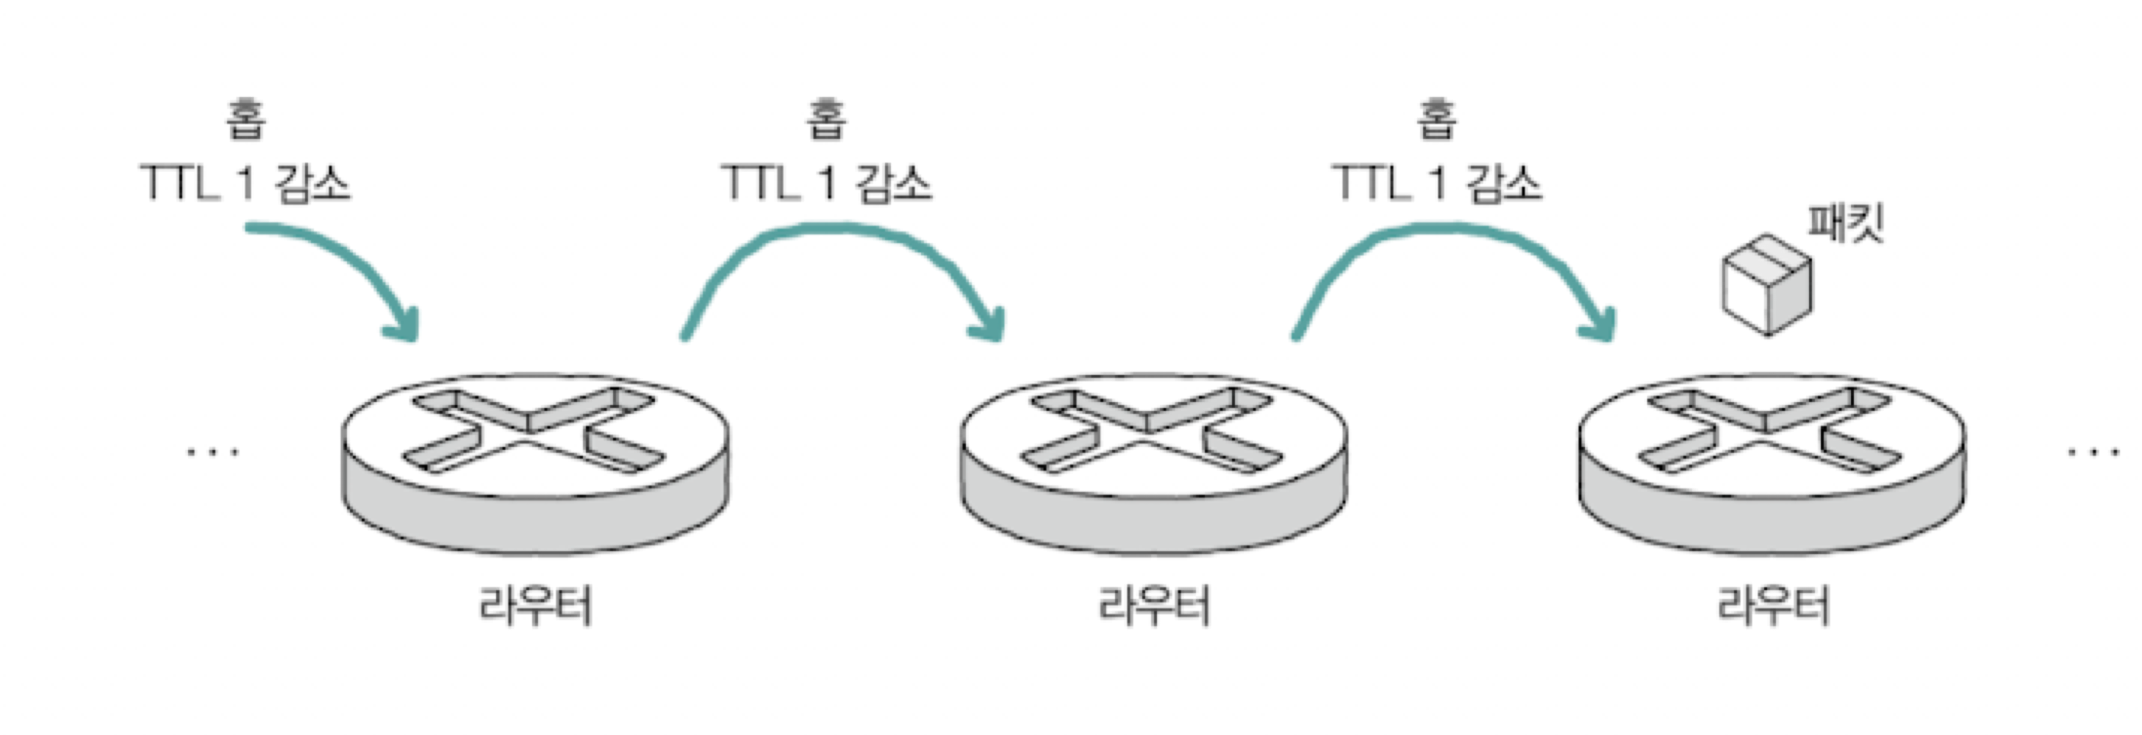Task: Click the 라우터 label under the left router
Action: (x=535, y=606)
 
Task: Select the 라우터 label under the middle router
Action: (x=1154, y=606)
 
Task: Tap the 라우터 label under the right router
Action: (x=1774, y=606)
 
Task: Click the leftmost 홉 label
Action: (x=246, y=119)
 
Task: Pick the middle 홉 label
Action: (x=826, y=119)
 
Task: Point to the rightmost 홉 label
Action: (x=1436, y=119)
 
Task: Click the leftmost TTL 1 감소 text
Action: (x=246, y=183)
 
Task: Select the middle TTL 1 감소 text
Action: (x=826, y=183)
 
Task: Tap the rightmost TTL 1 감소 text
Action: (x=1437, y=183)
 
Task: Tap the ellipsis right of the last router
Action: (x=2092, y=452)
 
